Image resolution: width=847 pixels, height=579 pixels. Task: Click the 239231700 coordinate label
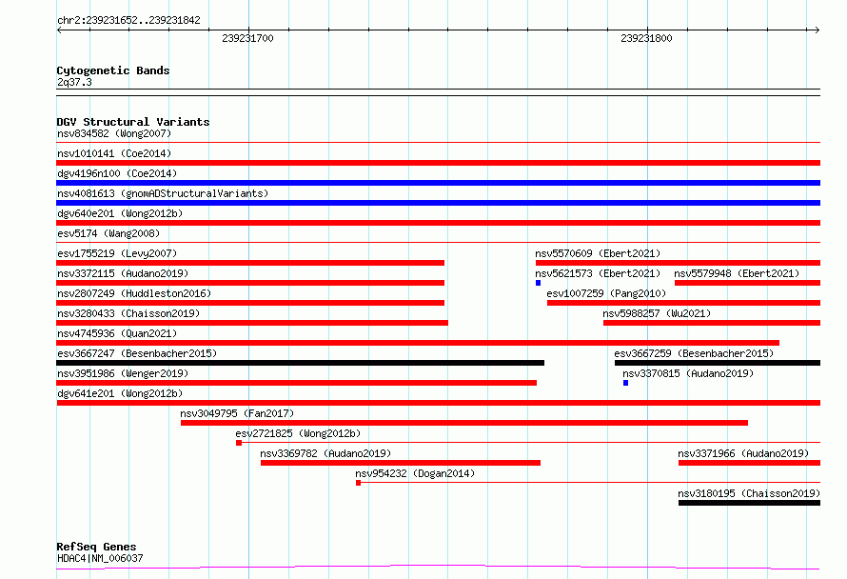point(247,38)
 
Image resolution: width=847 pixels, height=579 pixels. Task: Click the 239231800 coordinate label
point(646,38)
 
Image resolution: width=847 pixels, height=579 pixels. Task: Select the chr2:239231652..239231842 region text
point(128,20)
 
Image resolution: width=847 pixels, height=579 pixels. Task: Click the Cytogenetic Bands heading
point(113,70)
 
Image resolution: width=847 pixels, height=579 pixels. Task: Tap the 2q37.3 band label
point(74,82)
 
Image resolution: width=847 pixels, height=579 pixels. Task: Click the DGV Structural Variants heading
point(133,122)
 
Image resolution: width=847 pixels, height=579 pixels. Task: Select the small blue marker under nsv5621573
point(538,283)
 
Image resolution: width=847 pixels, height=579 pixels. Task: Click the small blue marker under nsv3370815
point(625,383)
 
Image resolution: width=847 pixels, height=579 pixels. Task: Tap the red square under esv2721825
point(239,443)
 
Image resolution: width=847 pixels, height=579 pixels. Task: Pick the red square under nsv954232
point(358,483)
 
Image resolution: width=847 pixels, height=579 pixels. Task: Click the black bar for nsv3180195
point(749,503)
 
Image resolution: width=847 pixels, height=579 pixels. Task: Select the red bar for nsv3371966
point(749,463)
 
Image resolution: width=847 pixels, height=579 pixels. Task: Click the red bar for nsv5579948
point(748,283)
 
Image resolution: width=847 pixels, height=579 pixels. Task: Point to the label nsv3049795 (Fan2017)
point(237,413)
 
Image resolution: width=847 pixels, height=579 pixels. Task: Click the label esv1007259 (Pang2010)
point(606,293)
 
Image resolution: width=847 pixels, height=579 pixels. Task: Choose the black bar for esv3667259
point(718,363)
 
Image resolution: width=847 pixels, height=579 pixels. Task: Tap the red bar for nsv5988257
point(712,323)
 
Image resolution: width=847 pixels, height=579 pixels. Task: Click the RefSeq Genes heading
point(96,547)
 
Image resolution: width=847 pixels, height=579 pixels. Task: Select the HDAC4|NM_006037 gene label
point(100,558)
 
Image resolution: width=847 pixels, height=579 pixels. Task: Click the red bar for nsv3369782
point(401,463)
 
